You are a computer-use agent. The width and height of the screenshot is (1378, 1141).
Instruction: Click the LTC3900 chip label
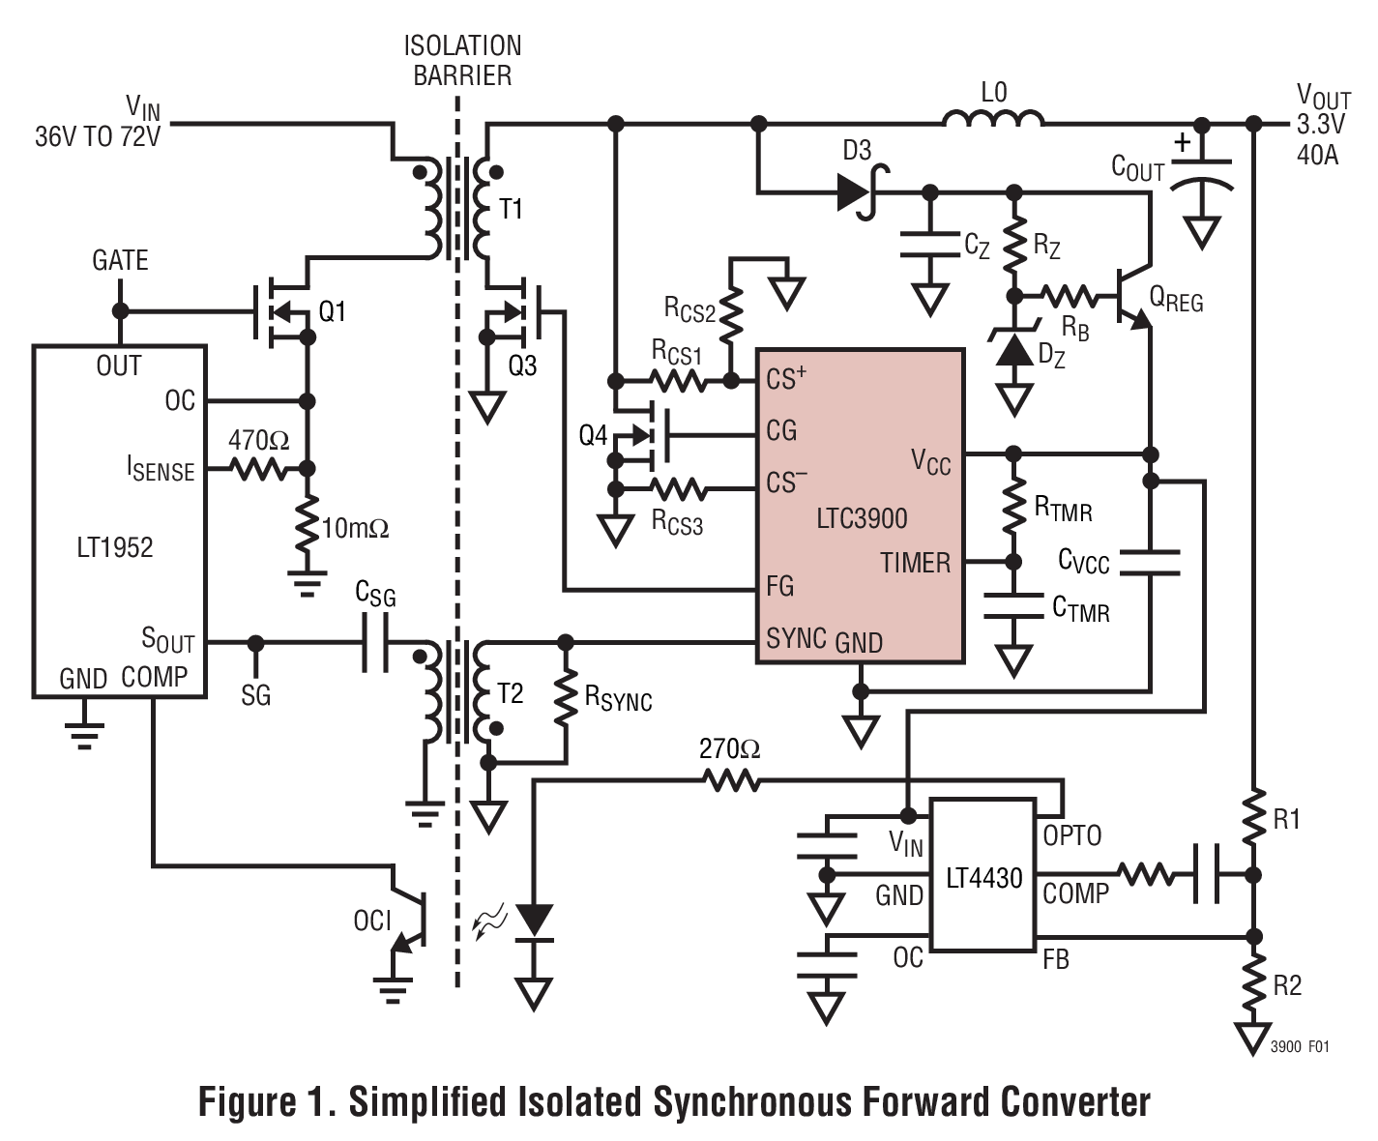point(862,518)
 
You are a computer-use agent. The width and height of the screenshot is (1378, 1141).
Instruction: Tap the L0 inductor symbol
point(993,120)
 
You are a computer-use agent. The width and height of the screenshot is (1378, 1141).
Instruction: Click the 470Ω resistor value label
point(258,440)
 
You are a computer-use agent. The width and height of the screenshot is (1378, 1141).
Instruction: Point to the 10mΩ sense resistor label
point(355,528)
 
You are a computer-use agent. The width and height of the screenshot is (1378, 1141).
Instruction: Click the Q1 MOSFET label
point(332,311)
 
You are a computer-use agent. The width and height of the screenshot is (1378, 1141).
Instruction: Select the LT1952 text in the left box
point(114,547)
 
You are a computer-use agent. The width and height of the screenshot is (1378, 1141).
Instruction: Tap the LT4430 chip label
point(983,878)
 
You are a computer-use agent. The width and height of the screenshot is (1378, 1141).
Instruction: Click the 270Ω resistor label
point(729,748)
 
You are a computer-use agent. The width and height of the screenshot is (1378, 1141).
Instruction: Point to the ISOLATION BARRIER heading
point(462,60)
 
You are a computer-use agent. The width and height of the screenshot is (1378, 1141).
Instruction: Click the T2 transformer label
point(510,693)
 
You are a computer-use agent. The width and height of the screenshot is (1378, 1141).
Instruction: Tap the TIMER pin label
point(915,562)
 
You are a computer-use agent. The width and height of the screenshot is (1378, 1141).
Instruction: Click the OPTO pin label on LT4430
point(1071,834)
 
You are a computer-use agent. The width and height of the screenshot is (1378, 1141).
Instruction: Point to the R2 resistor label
point(1286,985)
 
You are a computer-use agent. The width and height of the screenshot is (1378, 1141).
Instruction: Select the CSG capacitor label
point(375,594)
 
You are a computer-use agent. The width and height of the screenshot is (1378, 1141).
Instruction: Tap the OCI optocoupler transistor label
point(372,920)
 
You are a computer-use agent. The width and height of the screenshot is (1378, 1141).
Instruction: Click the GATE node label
point(120,260)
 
